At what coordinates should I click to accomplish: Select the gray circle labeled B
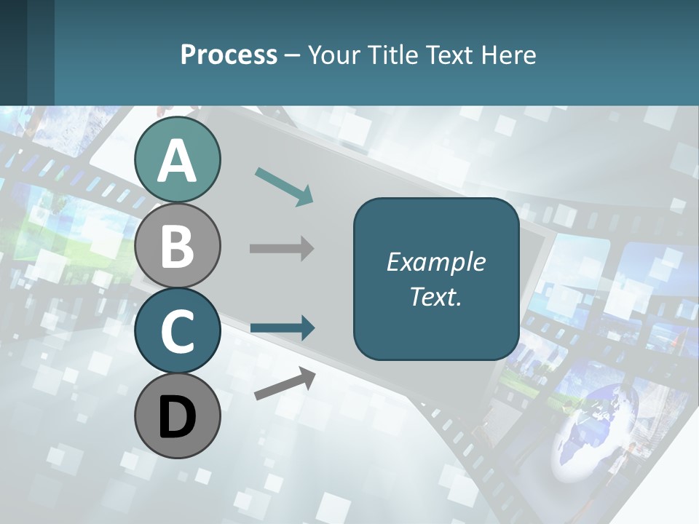(178, 245)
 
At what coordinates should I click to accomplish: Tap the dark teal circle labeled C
(178, 331)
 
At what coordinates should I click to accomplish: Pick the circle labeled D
(178, 416)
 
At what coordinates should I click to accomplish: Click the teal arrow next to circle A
(284, 186)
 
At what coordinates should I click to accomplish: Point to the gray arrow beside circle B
(282, 249)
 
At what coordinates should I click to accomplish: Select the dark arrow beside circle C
(283, 328)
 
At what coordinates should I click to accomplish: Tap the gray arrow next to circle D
(285, 384)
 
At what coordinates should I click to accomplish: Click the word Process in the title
(229, 55)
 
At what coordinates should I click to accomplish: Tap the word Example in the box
(435, 262)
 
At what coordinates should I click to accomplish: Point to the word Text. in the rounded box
(435, 296)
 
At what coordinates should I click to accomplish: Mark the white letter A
(178, 161)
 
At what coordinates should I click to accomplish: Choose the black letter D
(178, 418)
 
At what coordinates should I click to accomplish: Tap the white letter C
(178, 331)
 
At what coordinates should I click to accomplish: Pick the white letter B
(178, 246)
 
